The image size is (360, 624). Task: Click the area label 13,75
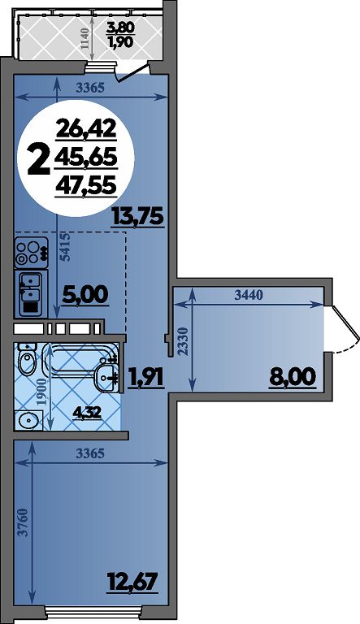[x=138, y=217]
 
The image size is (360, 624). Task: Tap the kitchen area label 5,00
[x=85, y=295]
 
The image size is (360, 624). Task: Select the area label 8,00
[x=293, y=376]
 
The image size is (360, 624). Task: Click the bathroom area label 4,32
[x=86, y=413]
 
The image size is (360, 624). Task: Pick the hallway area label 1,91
[x=145, y=377]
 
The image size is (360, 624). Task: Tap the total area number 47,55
[x=86, y=186]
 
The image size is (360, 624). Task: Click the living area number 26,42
[x=86, y=129]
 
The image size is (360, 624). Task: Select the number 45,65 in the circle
[x=86, y=157]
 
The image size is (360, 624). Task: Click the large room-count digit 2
[x=39, y=159]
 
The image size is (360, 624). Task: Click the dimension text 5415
[x=65, y=247]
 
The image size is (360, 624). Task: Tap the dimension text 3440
[x=249, y=296]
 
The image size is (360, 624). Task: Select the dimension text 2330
[x=182, y=341]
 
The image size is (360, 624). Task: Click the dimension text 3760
[x=24, y=522]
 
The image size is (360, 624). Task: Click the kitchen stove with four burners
[x=31, y=253]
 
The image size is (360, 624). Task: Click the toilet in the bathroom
[x=27, y=359]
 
